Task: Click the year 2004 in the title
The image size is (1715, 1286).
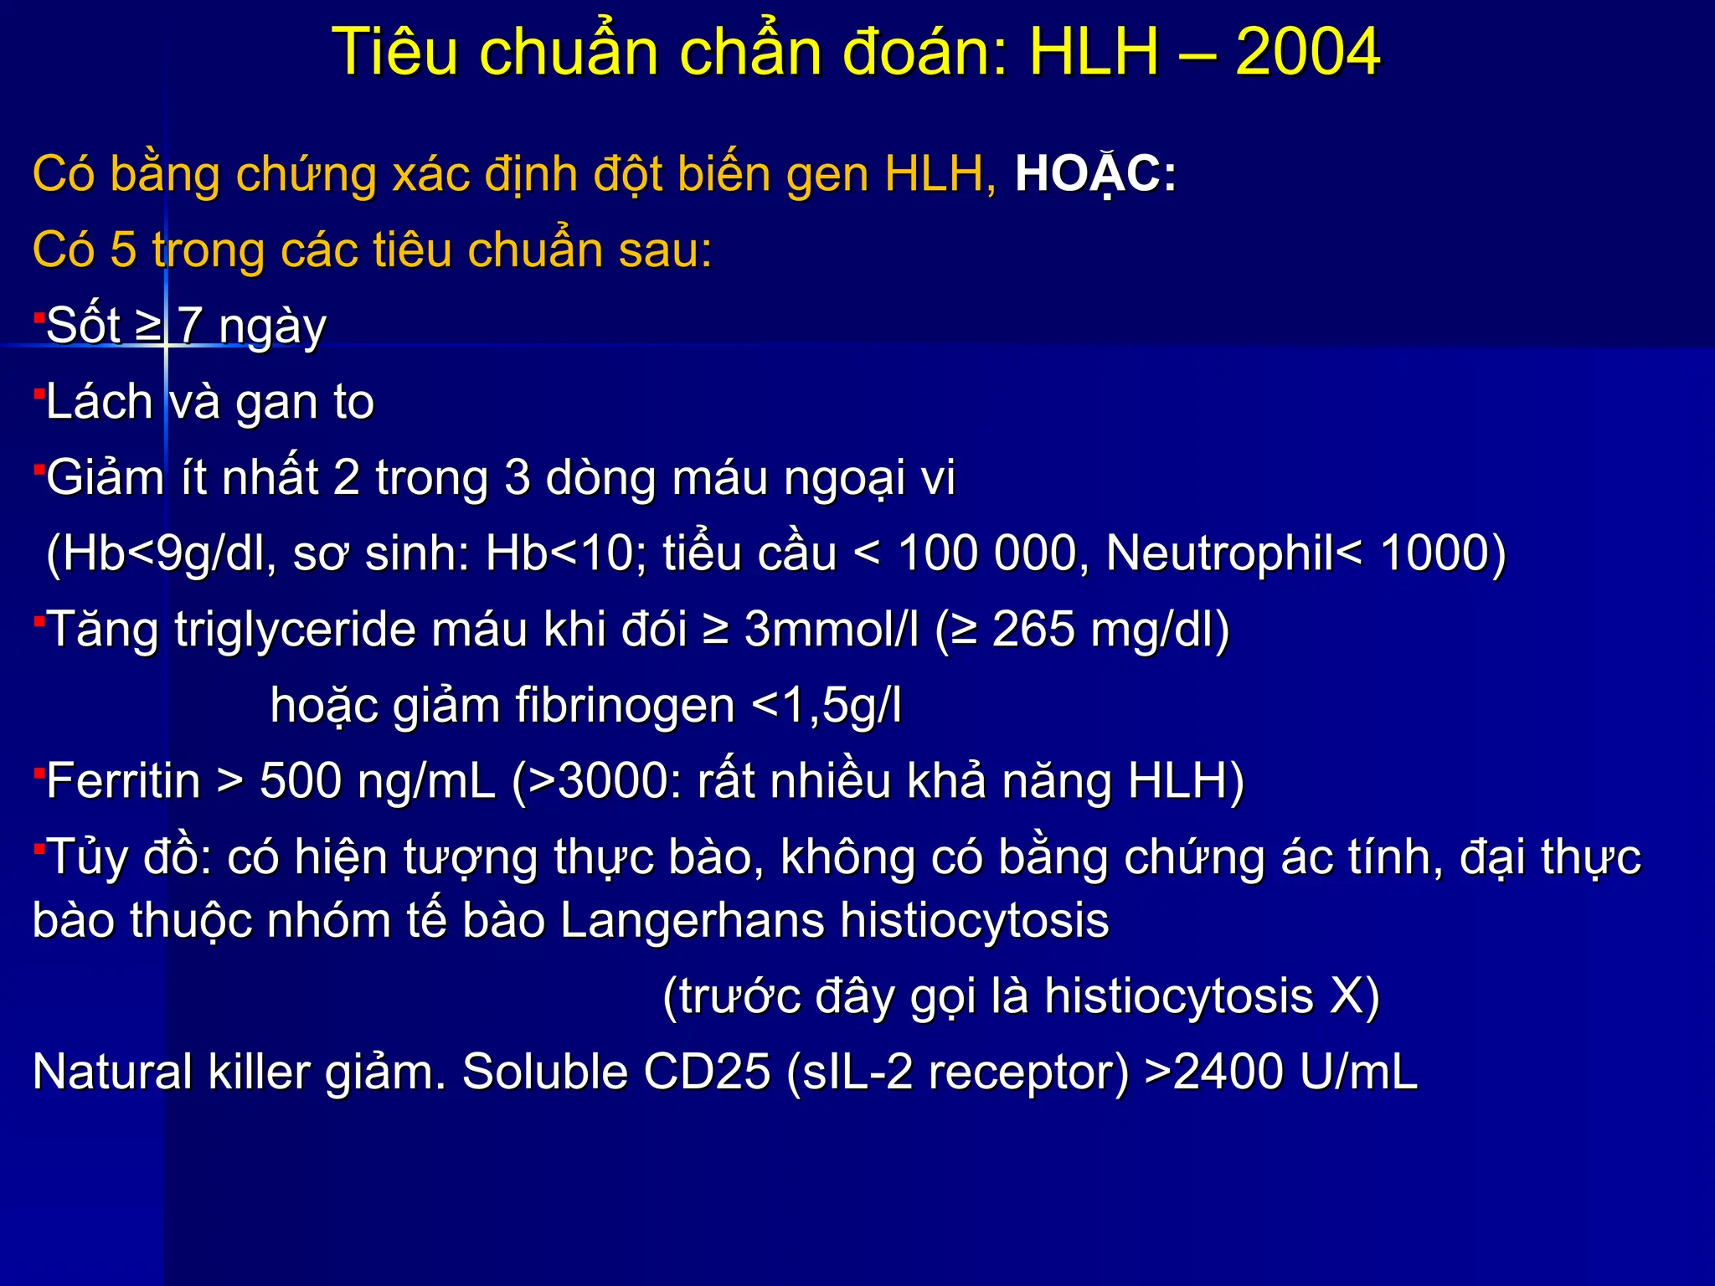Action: pyautogui.click(x=1307, y=52)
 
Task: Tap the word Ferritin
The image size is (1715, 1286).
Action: pyautogui.click(x=123, y=781)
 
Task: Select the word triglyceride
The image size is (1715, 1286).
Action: pyautogui.click(x=296, y=630)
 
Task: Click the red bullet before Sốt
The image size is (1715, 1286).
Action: pyautogui.click(x=39, y=317)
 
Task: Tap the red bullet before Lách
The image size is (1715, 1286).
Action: pyautogui.click(x=39, y=393)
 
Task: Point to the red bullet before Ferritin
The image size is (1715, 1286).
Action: pyautogui.click(x=39, y=773)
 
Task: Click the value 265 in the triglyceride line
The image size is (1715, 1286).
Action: pyautogui.click(x=1033, y=630)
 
